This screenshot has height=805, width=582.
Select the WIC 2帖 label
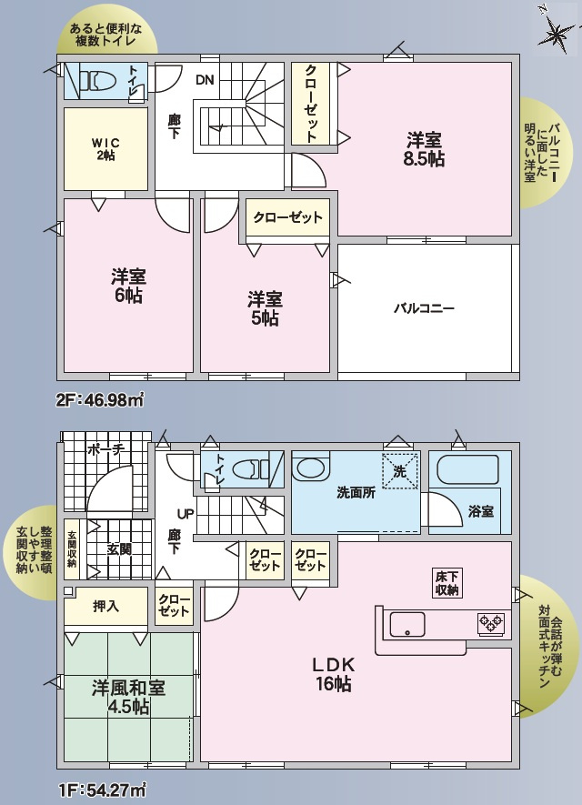pyautogui.click(x=105, y=148)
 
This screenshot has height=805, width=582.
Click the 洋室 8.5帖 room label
pyautogui.click(x=425, y=149)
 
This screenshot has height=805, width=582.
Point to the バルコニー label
pyautogui.click(x=424, y=308)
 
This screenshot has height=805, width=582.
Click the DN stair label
pyautogui.click(x=205, y=80)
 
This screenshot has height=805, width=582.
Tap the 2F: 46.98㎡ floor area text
pyautogui.click(x=101, y=398)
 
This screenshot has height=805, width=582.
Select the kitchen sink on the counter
pyautogui.click(x=407, y=624)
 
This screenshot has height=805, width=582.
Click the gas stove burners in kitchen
pyautogui.click(x=491, y=623)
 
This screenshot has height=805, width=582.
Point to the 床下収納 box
pyautogui.click(x=447, y=583)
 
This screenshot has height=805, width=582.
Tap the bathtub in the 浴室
pyautogui.click(x=467, y=470)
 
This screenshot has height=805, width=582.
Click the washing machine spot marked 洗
pyautogui.click(x=399, y=471)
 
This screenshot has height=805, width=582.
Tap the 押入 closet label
pyautogui.click(x=105, y=605)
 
